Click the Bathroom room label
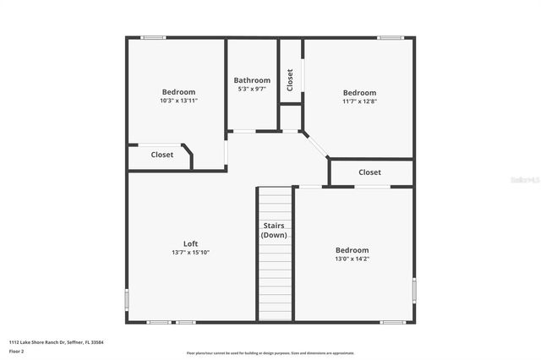pyautogui.click(x=252, y=80)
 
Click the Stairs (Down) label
pyautogui.click(x=274, y=230)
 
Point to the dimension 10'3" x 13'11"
pyautogui.click(x=178, y=100)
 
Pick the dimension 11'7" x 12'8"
pyautogui.click(x=359, y=101)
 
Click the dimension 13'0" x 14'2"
pyautogui.click(x=352, y=259)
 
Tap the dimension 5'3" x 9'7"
pyautogui.click(x=252, y=89)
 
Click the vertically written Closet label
pyautogui.click(x=290, y=79)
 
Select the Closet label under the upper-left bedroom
pyautogui.click(x=162, y=155)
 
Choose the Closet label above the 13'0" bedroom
pyautogui.click(x=369, y=172)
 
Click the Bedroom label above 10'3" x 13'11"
pyautogui.click(x=178, y=92)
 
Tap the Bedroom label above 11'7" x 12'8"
pyautogui.click(x=359, y=92)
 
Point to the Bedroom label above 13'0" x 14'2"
pyautogui.click(x=352, y=250)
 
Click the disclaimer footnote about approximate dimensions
pyautogui.click(x=271, y=352)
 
